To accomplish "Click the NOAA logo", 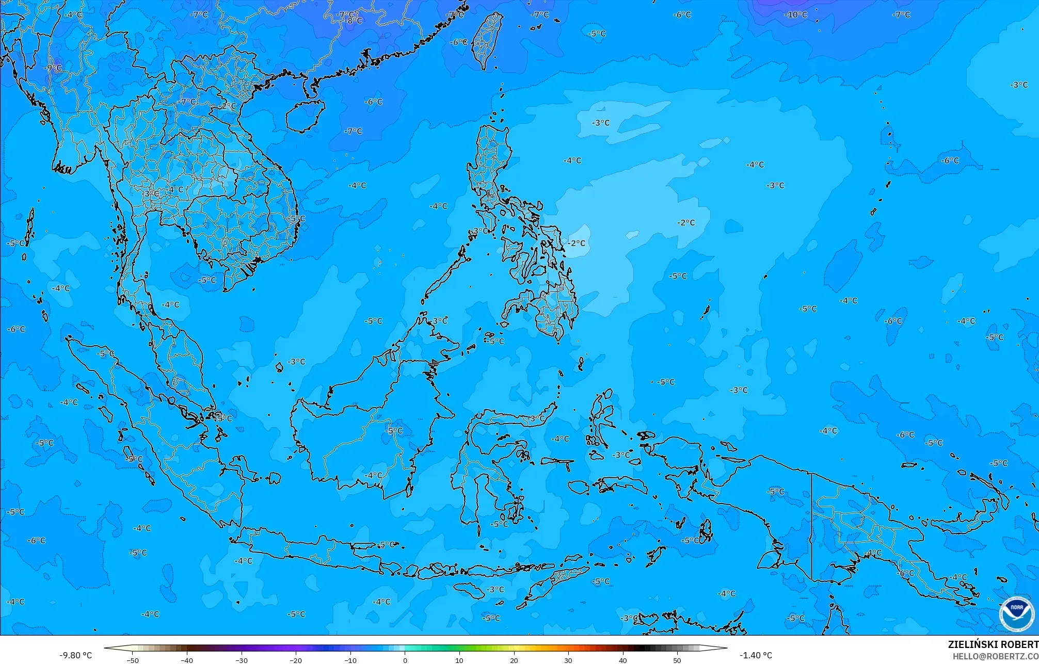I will tap(1016, 613).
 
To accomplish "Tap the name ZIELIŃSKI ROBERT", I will tap(993, 644).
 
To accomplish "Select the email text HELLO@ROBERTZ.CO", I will tap(995, 656).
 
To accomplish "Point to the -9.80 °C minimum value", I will tap(75, 655).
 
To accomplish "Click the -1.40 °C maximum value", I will tap(756, 655).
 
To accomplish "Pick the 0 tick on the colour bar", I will tap(405, 660).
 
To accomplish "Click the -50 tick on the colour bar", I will tap(133, 660).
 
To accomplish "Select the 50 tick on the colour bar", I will tap(677, 660).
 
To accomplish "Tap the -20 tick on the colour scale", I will tap(295, 660).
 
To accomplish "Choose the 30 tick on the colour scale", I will tap(568, 660).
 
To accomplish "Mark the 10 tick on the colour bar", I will tap(459, 660).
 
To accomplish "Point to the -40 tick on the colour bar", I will tap(187, 660).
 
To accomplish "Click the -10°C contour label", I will tap(795, 14).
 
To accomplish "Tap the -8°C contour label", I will tap(354, 21).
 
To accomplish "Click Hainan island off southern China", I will tap(305, 115).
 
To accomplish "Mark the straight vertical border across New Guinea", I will tap(812, 526).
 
